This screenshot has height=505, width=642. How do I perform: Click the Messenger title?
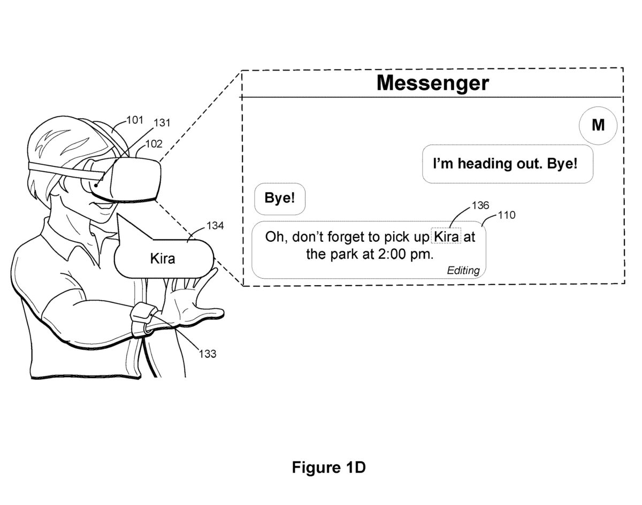(432, 83)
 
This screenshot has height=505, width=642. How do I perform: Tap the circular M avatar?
(598, 126)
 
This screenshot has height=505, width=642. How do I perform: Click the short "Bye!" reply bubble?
(280, 198)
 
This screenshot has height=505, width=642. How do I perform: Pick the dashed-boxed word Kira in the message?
(446, 236)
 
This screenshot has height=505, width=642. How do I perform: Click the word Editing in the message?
(463, 270)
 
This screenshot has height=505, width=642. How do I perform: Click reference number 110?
(506, 215)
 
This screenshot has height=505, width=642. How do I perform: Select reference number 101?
(135, 120)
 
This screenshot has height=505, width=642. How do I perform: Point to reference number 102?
(154, 144)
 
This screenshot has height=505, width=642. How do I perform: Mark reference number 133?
(208, 353)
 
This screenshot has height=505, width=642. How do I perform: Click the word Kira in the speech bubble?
(163, 258)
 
